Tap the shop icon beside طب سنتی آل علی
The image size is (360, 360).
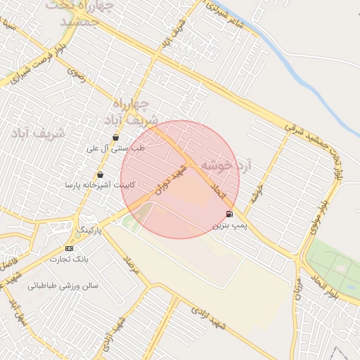pos(115,137)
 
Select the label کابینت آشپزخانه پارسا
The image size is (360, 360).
pos(101,185)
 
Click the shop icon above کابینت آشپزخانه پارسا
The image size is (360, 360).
pos(101,174)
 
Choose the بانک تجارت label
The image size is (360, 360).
pos(69,259)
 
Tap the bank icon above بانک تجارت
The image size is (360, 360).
pos(69,249)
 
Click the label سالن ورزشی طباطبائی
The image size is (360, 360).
pos(63,286)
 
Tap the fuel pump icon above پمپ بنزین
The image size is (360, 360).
pos(229,214)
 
